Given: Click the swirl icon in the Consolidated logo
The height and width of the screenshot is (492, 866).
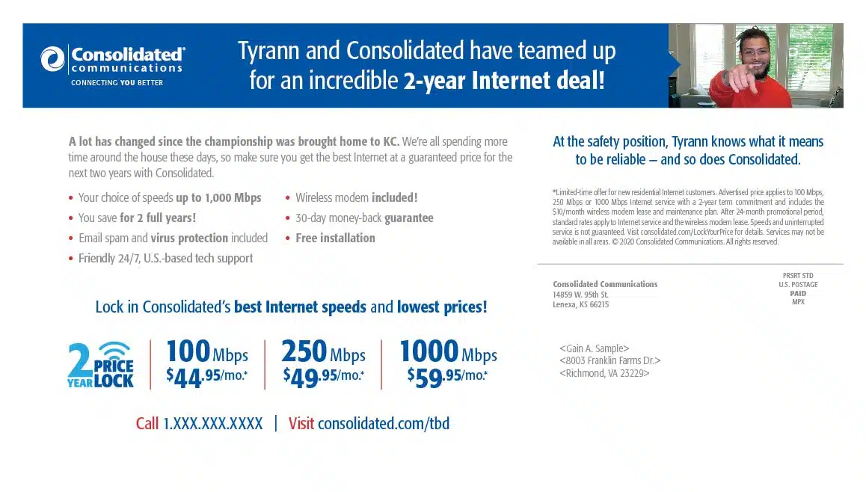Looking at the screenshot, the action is click(52, 59).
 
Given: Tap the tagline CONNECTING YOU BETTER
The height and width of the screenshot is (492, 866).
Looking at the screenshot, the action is click(117, 83).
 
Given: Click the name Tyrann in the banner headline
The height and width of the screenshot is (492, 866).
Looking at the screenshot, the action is click(269, 51).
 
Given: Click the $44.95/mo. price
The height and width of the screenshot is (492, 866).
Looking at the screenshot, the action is click(207, 378).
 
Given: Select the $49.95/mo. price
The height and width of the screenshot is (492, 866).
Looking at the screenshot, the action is click(324, 378).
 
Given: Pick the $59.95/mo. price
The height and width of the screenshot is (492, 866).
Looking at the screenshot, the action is click(447, 378).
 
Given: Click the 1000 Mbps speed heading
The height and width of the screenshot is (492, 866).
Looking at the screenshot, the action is click(448, 351).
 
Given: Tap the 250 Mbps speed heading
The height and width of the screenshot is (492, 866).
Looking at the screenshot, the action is click(323, 351).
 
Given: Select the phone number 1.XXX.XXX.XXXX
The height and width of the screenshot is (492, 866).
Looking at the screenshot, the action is click(212, 423).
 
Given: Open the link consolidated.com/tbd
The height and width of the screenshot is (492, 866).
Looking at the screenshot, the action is click(384, 423).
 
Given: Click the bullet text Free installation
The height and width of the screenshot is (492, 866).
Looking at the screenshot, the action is click(335, 238).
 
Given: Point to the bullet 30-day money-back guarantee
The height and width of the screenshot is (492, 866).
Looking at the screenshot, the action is click(364, 218).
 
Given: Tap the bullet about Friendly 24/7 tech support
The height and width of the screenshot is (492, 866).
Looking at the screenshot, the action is click(166, 259).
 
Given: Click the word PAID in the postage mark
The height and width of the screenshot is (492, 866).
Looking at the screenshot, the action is click(798, 294).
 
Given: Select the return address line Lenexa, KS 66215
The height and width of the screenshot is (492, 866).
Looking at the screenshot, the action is click(580, 305).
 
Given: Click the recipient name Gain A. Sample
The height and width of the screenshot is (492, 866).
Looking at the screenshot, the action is click(595, 348).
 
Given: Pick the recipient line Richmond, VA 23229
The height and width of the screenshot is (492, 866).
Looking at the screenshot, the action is click(604, 373).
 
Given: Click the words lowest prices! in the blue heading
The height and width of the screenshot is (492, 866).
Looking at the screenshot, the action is click(442, 307).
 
